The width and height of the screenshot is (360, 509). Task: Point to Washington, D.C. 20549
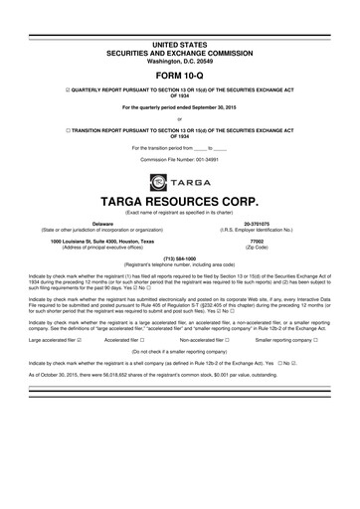point(180,31)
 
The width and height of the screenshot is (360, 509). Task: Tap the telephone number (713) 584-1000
point(180,259)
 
